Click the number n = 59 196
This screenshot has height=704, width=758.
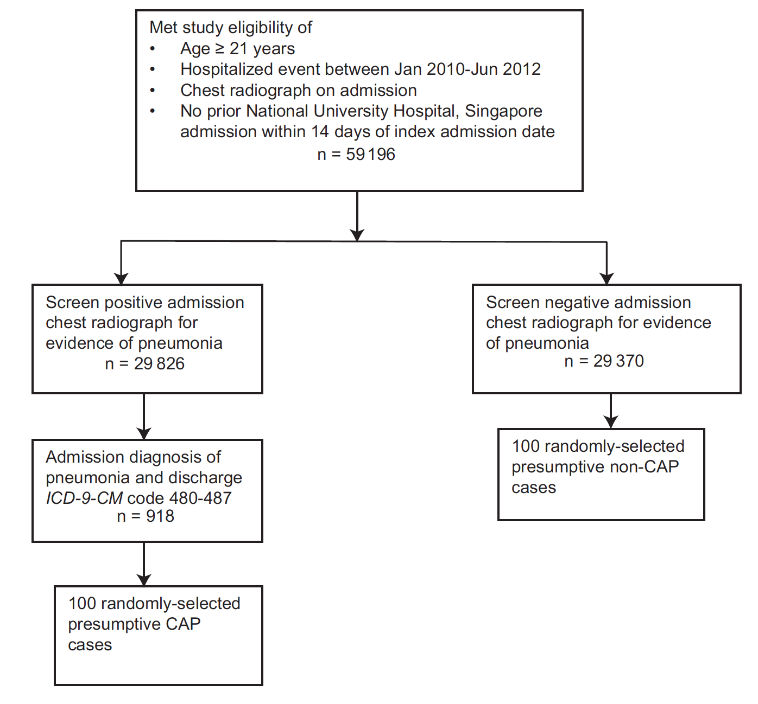click(356, 155)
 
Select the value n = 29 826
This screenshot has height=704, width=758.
click(144, 363)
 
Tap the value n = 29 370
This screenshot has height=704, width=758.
click(604, 361)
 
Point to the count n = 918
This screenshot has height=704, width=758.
click(146, 516)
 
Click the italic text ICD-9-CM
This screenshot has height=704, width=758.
click(84, 498)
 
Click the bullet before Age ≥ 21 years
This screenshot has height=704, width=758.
click(153, 49)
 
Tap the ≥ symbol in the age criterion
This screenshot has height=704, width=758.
click(219, 49)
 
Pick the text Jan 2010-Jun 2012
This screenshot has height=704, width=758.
click(468, 69)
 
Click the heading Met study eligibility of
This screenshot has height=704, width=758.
click(231, 28)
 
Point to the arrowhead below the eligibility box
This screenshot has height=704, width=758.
click(357, 234)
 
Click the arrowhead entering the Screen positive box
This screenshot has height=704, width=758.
click(121, 278)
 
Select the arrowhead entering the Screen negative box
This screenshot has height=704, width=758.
click(607, 278)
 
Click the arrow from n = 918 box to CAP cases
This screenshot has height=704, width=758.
click(144, 564)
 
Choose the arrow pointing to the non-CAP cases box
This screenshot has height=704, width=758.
click(611, 412)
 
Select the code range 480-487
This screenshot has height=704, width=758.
click(200, 498)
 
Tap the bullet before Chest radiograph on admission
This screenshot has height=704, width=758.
click(153, 91)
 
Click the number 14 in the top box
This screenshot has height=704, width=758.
click(320, 132)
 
